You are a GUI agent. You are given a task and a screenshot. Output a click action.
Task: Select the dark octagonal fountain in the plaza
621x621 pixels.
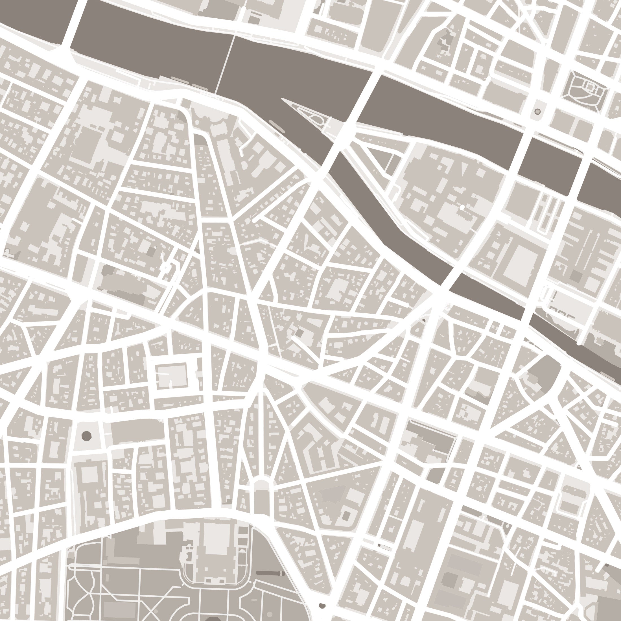click(x=86, y=436)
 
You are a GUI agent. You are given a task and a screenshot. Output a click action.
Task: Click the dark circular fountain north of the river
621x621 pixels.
click(x=537, y=111)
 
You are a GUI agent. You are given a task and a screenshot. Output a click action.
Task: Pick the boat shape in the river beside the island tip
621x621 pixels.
click(x=277, y=126)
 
